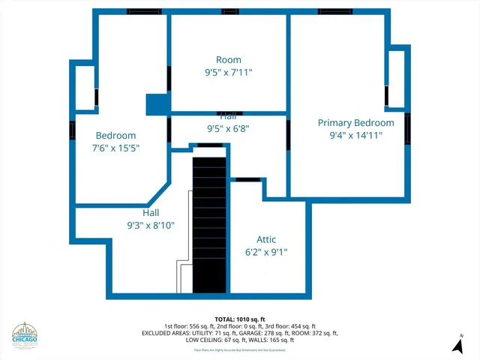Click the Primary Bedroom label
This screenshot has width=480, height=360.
pyautogui.click(x=355, y=123)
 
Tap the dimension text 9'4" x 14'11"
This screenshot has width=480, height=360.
pyautogui.click(x=355, y=136)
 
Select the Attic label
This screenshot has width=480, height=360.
pyautogui.click(x=265, y=240)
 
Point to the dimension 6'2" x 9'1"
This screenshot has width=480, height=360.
pyautogui.click(x=265, y=253)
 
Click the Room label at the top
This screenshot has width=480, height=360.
pyautogui.click(x=229, y=60)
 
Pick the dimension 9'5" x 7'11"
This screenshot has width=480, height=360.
pyautogui.click(x=229, y=73)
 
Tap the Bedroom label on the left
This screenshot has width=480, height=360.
pyautogui.click(x=115, y=135)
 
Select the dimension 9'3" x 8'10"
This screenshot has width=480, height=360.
pyautogui.click(x=150, y=225)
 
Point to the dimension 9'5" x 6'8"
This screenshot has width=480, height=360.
pyautogui.click(x=228, y=128)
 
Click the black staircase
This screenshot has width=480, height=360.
pyautogui.click(x=209, y=225)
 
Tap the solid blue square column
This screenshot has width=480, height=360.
pyautogui.click(x=157, y=104)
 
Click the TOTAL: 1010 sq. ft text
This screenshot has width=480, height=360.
pyautogui.click(x=239, y=319)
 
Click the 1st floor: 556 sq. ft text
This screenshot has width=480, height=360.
pyautogui.click(x=186, y=326)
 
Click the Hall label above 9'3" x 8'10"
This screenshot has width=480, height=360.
pyautogui.click(x=150, y=213)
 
